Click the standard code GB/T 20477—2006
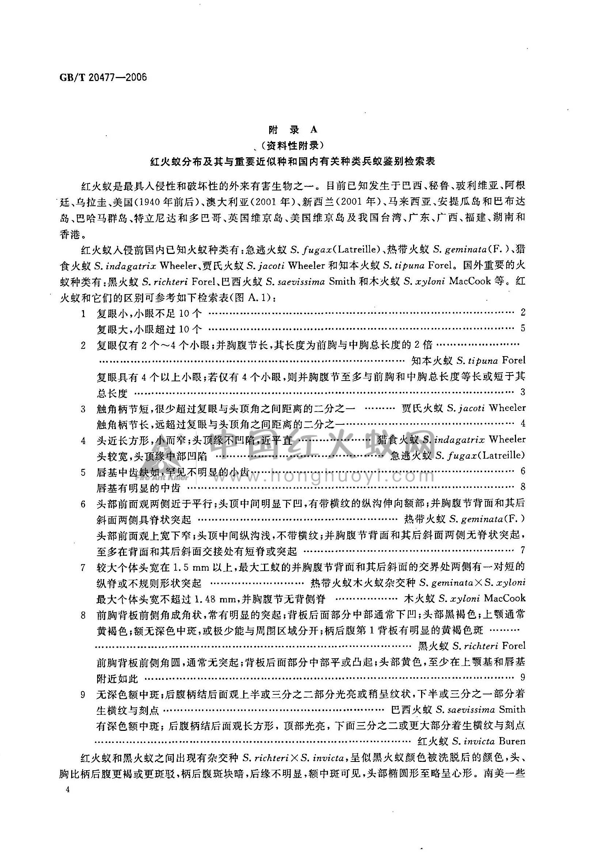coord(103,77)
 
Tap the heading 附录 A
coord(293,130)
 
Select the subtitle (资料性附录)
coord(293,146)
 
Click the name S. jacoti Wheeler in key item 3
coord(486,408)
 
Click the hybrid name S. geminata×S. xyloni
coord(473,582)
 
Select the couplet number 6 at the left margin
coord(83,504)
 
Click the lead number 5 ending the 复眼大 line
coord(523,328)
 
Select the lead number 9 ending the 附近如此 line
coord(523,677)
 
